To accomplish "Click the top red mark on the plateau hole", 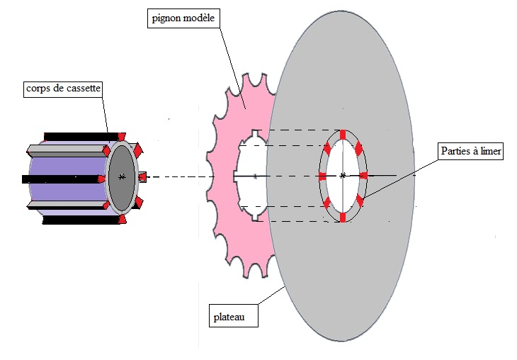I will [x=343, y=135].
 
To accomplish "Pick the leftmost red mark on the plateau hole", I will [x=324, y=176].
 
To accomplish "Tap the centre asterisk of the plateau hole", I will [x=343, y=175].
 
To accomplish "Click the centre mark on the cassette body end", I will [x=123, y=176].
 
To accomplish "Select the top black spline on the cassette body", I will [x=74, y=135].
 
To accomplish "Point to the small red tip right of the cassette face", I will [x=142, y=176].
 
